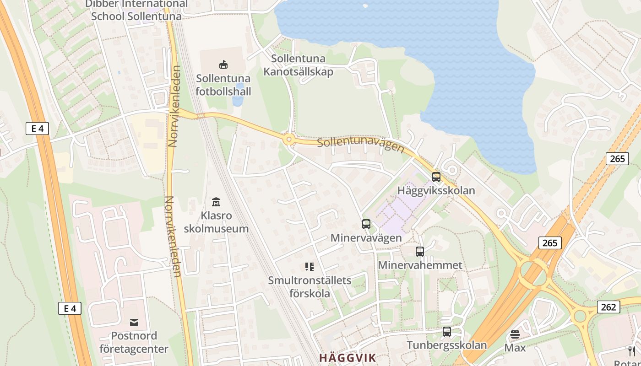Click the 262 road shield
tap(608, 307)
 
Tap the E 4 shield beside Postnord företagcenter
tap(70, 308)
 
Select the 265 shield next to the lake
tap(617, 159)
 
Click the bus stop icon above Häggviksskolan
tap(436, 177)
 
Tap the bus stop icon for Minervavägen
tap(366, 224)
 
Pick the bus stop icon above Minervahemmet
tap(419, 251)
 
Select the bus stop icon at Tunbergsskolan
tap(446, 332)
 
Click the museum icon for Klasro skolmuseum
tap(216, 202)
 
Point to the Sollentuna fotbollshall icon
tap(223, 65)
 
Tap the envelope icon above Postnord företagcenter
tap(134, 323)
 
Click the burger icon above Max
tap(515, 334)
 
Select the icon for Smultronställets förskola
tap(310, 266)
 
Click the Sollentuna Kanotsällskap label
tap(298, 65)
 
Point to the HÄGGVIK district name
tap(347, 358)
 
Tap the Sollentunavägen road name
tap(360, 145)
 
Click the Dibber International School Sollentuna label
tap(136, 10)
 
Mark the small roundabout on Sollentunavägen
tap(288, 140)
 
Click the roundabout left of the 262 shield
tap(580, 316)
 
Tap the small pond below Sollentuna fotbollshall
tap(238, 101)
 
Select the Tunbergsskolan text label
tap(446, 345)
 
